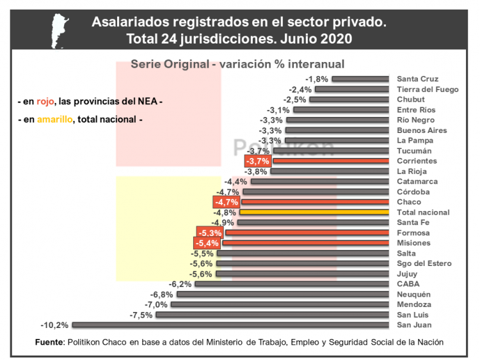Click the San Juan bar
tap(230, 325)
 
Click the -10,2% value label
tap(54, 325)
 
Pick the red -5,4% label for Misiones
tap(207, 243)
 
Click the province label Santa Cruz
tap(418, 79)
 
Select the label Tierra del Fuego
tap(428, 90)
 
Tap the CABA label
tap(408, 284)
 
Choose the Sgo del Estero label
tap(424, 263)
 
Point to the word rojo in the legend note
tap(45, 102)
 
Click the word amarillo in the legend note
tap(54, 120)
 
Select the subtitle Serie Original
tap(168, 64)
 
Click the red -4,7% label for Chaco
tap(227, 202)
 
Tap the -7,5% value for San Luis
tap(141, 315)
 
